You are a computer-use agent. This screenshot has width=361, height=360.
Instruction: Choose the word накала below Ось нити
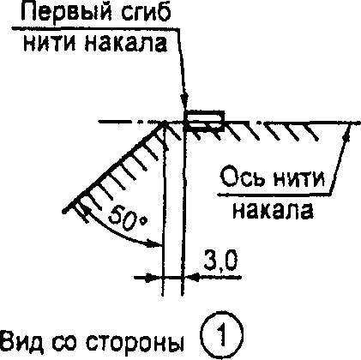(273, 211)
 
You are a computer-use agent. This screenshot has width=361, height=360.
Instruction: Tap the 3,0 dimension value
(220, 262)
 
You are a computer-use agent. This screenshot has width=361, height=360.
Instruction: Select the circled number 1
(222, 335)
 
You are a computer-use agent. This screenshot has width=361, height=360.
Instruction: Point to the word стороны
(135, 342)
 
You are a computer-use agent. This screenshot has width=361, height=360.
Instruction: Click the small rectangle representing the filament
(203, 121)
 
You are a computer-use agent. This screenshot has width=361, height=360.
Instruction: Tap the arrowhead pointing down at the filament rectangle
(185, 101)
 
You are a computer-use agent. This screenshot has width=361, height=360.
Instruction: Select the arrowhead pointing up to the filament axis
(346, 132)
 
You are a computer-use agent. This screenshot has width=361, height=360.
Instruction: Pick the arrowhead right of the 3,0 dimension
(191, 277)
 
